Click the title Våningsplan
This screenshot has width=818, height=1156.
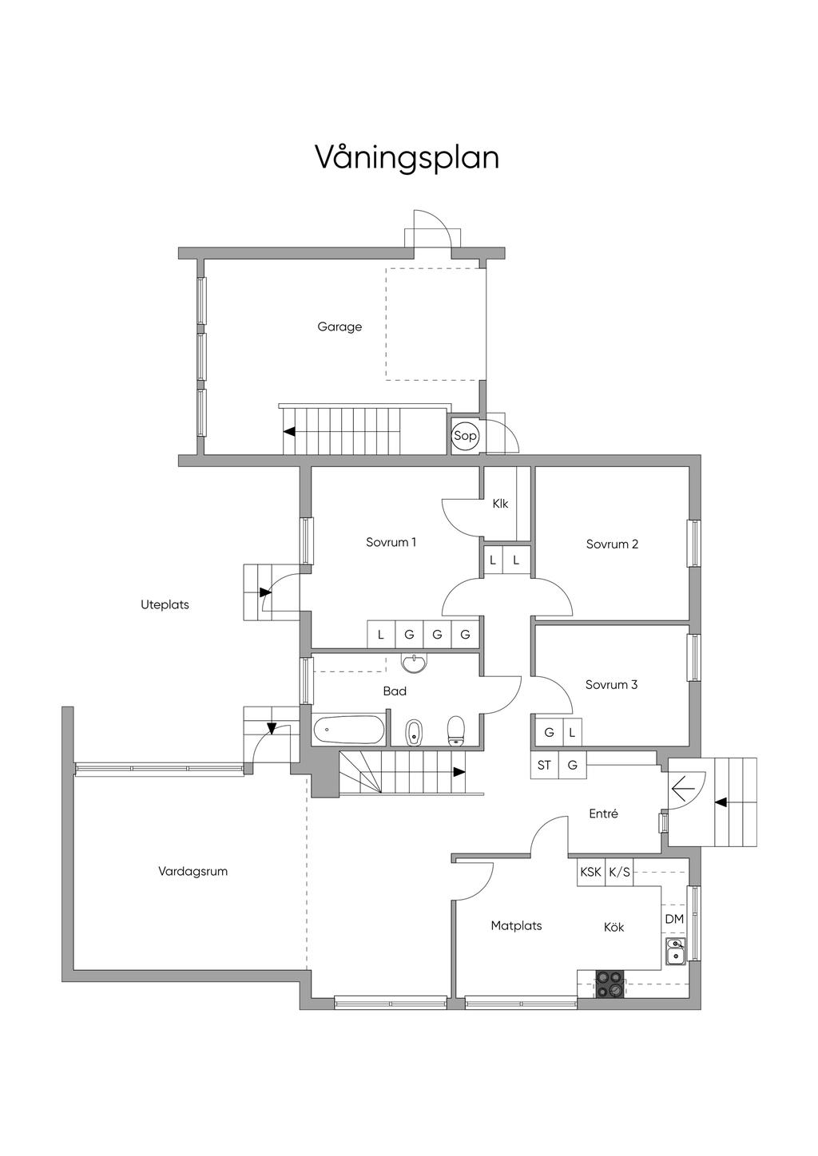[x=407, y=158]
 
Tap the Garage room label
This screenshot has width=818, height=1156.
[x=340, y=327]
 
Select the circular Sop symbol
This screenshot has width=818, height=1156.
[x=465, y=436]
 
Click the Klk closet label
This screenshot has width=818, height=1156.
[x=500, y=504]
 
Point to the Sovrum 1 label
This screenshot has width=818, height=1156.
[x=391, y=542]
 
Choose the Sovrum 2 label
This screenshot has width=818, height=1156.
[x=612, y=544]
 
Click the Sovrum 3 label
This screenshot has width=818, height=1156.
[x=611, y=685]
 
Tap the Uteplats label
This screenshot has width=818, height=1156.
[x=165, y=605]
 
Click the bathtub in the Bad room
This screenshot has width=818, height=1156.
[x=348, y=730]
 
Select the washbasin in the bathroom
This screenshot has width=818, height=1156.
[x=415, y=663]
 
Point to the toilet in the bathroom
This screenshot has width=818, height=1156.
[x=456, y=730]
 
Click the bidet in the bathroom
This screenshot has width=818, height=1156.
[x=414, y=733]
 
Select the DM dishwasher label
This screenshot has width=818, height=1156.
[x=674, y=919]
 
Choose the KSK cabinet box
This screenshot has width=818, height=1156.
[x=591, y=872]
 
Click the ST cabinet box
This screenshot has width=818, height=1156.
[x=544, y=765]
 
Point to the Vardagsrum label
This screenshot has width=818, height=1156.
[x=193, y=872]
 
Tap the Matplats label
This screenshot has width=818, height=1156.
[x=516, y=926]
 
